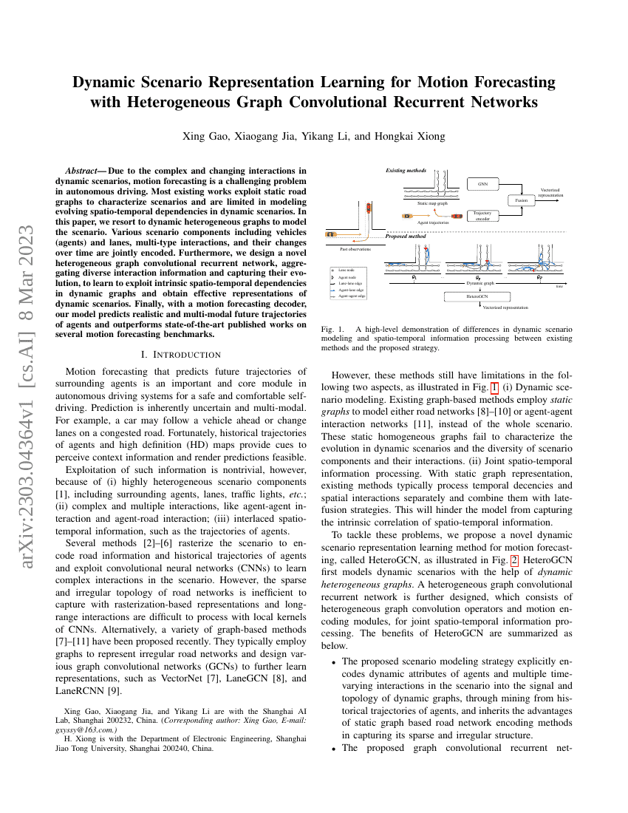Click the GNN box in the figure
click(x=482, y=183)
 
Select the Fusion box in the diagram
click(x=521, y=200)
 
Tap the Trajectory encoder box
click(x=482, y=216)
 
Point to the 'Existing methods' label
click(x=406, y=171)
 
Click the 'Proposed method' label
click(x=406, y=237)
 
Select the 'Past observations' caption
click(x=354, y=249)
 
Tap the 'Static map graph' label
click(x=432, y=203)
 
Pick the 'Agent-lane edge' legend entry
click(x=350, y=290)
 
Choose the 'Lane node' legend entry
click(x=347, y=271)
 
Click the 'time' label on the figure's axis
click(x=559, y=286)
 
